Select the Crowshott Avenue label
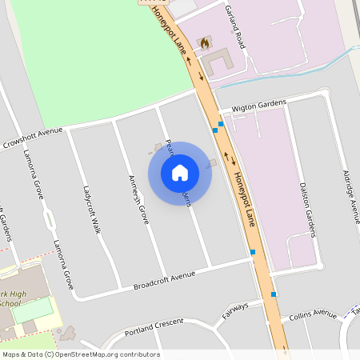[32, 137]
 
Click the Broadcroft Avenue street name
[164, 280]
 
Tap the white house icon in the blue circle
[180, 173]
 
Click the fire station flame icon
[205, 42]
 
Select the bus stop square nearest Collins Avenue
[274, 294]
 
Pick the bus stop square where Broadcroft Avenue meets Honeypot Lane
[253, 252]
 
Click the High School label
[12, 298]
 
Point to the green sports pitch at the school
[42, 308]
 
